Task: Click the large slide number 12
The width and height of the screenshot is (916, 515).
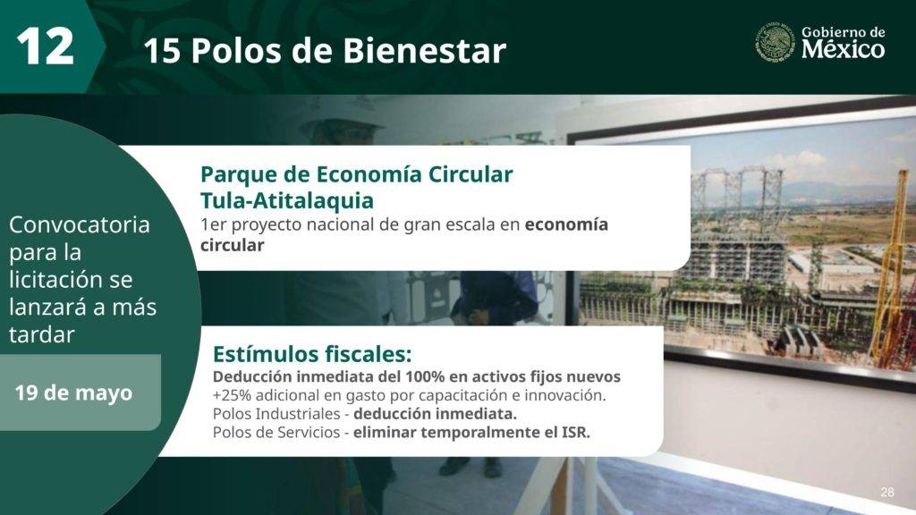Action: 46,46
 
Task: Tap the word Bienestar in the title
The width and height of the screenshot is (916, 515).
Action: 424,50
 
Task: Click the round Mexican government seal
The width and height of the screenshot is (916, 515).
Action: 775,42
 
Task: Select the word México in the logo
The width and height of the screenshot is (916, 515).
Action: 843,49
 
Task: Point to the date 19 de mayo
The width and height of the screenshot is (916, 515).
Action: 73,393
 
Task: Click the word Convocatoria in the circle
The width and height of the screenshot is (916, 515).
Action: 80,224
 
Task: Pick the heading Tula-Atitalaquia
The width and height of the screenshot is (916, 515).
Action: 287,200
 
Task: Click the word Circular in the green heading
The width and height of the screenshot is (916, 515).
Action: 471,174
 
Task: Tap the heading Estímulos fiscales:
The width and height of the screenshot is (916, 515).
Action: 312,354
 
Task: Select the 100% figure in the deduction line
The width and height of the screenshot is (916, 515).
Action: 425,376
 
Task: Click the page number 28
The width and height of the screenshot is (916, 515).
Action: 886,493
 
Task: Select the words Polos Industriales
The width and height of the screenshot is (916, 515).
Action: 276,414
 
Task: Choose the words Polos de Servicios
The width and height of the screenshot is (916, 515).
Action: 276,433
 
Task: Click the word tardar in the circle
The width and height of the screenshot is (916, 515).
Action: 42,334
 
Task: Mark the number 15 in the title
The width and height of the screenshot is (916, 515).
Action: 162,51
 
